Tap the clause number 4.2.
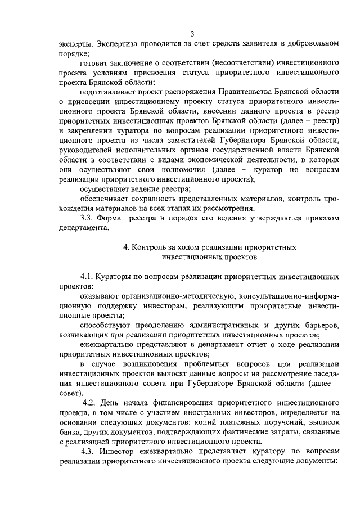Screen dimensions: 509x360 tap(91, 404)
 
